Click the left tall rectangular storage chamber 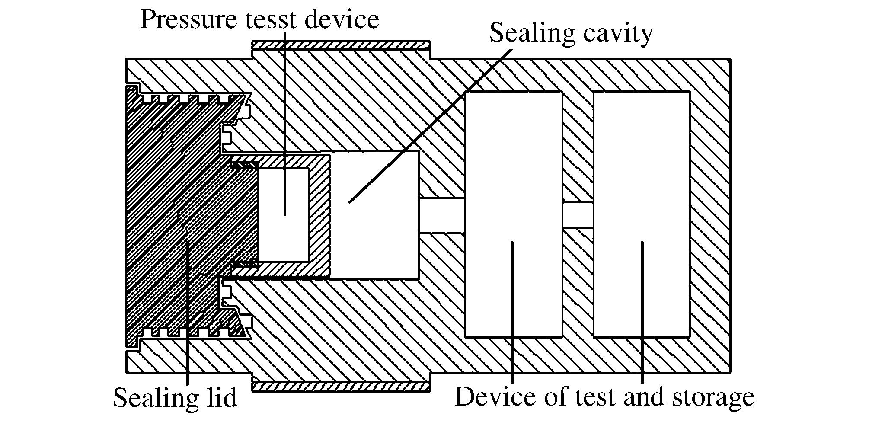click(513, 173)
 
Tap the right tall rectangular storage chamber click(642, 173)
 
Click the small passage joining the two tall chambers click(578, 215)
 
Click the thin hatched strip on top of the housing click(341, 45)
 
